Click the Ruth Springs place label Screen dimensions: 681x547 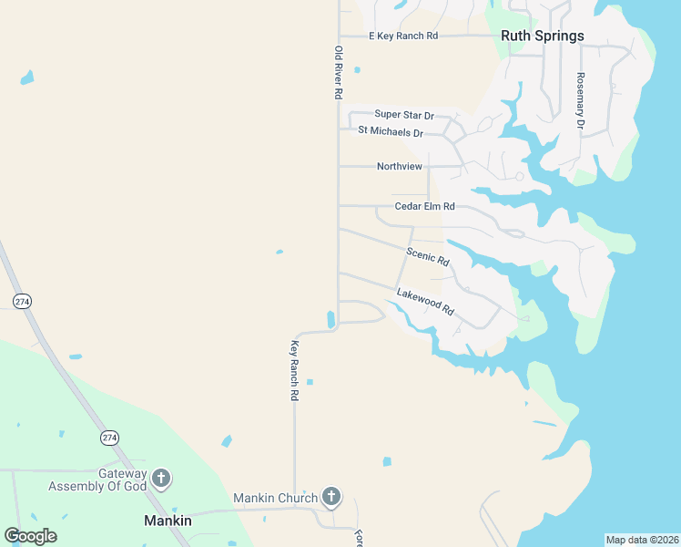click(x=542, y=36)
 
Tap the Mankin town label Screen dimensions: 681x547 click(x=168, y=521)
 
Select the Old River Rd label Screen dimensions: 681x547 click(x=338, y=72)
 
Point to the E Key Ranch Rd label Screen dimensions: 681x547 click(x=403, y=36)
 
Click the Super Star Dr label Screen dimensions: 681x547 click(x=404, y=115)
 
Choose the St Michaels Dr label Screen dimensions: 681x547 click(x=391, y=132)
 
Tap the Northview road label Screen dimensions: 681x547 click(x=400, y=167)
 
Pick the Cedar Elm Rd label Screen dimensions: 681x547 click(x=424, y=206)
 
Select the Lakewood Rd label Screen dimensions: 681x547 click(x=424, y=301)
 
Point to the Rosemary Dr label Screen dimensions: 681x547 click(x=579, y=99)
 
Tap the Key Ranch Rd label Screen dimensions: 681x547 click(x=294, y=371)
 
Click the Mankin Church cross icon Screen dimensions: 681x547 click(x=331, y=497)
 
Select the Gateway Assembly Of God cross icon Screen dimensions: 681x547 click(x=161, y=477)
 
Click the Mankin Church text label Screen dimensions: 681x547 click(x=275, y=498)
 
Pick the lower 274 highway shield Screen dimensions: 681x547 click(x=110, y=438)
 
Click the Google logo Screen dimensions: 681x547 click(x=30, y=536)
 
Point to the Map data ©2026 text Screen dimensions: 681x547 click(x=641, y=539)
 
